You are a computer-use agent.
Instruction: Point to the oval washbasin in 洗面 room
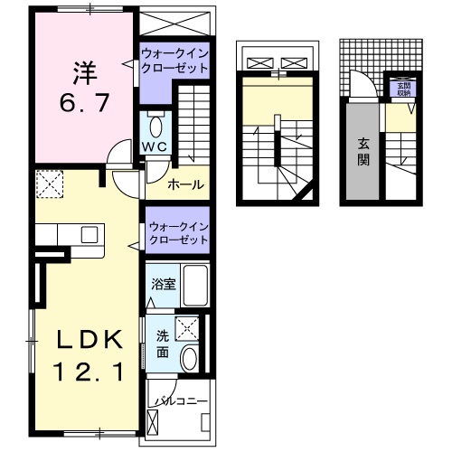189,358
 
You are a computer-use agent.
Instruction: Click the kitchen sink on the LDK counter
89,234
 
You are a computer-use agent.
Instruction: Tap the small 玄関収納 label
402,89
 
